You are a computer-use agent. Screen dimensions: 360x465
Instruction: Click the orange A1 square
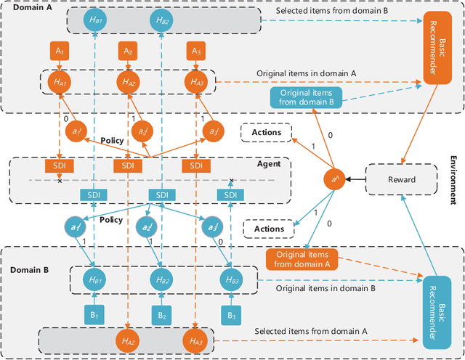60,52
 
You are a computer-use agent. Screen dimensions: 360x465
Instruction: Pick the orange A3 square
194,52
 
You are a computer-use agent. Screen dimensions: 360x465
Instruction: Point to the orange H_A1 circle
60,82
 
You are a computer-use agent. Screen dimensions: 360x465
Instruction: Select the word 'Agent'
269,164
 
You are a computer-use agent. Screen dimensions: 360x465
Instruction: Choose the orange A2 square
127,52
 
